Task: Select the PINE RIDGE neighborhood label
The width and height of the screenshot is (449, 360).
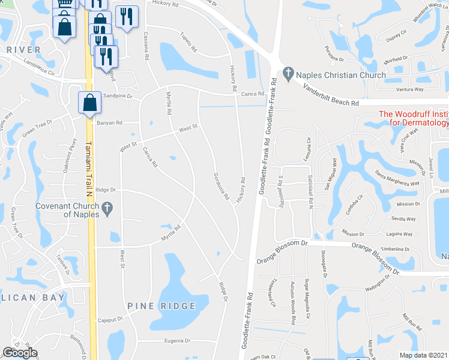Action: (x=161, y=306)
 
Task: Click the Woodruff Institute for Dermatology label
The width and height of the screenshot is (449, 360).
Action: (x=413, y=119)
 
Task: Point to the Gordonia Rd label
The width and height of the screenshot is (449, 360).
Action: (x=221, y=187)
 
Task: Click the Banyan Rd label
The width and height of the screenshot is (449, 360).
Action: (x=109, y=123)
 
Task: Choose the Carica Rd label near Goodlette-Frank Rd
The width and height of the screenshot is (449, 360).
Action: (x=253, y=94)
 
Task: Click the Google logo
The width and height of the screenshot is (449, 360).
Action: (x=20, y=353)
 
